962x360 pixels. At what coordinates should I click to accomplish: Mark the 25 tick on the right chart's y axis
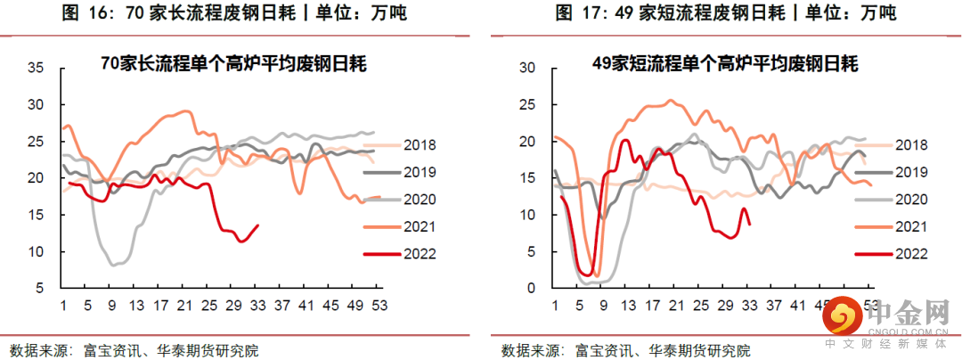pyautogui.click(x=527, y=104)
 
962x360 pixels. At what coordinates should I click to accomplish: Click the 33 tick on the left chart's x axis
pyautogui.click(x=258, y=306)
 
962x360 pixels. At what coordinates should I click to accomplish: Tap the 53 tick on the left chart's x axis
pyautogui.click(x=379, y=306)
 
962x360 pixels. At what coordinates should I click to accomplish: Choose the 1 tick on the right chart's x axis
pyautogui.click(x=555, y=306)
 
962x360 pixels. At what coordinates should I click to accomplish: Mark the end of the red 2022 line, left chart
pyautogui.click(x=258, y=225)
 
